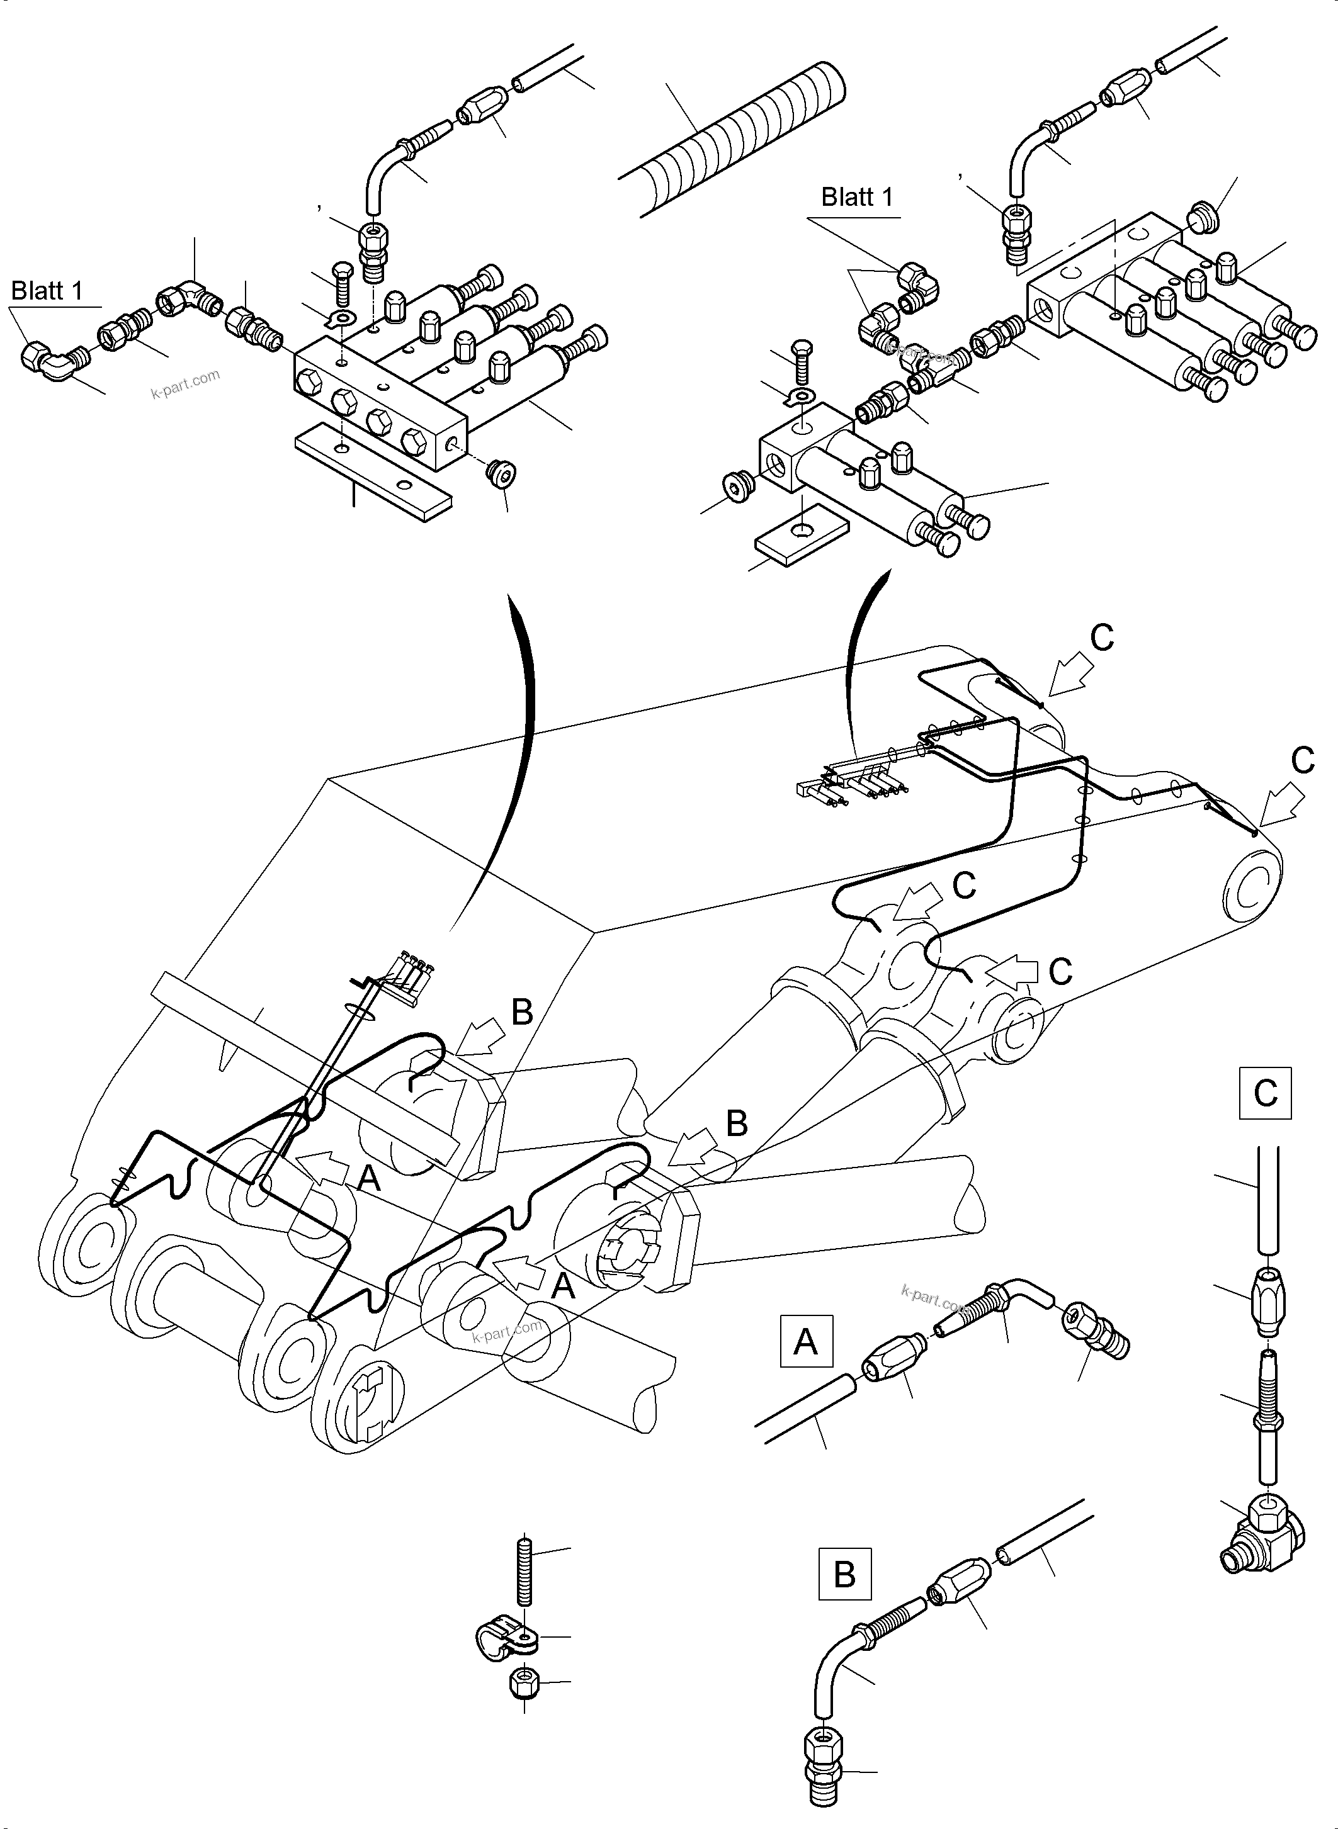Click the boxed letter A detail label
coord(805,1342)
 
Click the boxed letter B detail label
coord(845,1575)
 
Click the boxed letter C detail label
coord(1265,1093)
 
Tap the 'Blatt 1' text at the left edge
coord(47,291)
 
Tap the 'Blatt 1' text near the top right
coord(857,197)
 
